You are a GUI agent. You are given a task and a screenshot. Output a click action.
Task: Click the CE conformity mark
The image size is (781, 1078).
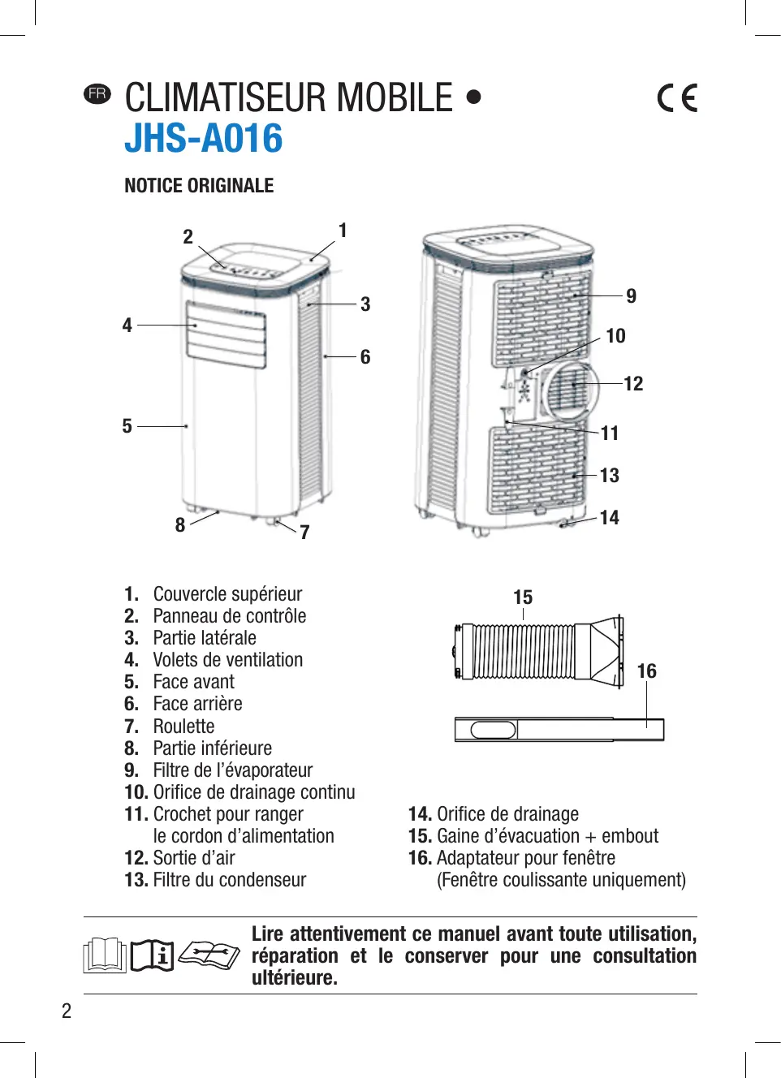677,97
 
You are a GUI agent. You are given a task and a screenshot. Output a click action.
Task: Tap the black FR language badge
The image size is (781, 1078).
97,93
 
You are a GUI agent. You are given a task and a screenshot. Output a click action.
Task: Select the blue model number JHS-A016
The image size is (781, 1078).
203,138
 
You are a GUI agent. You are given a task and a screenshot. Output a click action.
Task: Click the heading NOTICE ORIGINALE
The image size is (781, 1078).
199,186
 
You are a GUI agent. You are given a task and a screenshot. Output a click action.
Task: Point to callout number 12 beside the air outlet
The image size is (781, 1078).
633,383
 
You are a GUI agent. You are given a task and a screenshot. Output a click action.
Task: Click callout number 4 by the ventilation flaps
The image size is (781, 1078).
127,325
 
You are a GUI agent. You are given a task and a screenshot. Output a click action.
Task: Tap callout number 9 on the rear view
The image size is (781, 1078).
631,295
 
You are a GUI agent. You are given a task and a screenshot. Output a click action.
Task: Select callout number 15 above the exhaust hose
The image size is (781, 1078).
523,597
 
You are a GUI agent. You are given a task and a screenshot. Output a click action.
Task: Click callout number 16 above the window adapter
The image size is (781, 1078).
646,671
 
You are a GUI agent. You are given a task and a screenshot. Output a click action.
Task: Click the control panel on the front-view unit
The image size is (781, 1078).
252,269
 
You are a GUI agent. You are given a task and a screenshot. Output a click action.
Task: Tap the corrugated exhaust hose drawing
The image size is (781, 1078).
524,651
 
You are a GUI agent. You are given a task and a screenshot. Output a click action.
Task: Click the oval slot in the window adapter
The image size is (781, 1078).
492,730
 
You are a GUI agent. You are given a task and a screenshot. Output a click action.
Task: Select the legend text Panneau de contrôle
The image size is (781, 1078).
230,616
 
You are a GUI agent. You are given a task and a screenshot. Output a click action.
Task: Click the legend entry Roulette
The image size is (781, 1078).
183,727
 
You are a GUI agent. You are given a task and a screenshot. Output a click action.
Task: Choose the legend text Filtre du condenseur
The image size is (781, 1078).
230,880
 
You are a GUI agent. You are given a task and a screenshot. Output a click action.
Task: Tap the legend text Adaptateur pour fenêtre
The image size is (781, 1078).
526,858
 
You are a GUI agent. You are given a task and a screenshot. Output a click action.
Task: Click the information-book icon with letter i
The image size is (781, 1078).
153,955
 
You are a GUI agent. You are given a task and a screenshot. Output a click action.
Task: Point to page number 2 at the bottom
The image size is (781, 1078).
67,1011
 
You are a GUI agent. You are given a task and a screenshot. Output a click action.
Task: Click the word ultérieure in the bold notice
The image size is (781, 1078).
294,978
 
